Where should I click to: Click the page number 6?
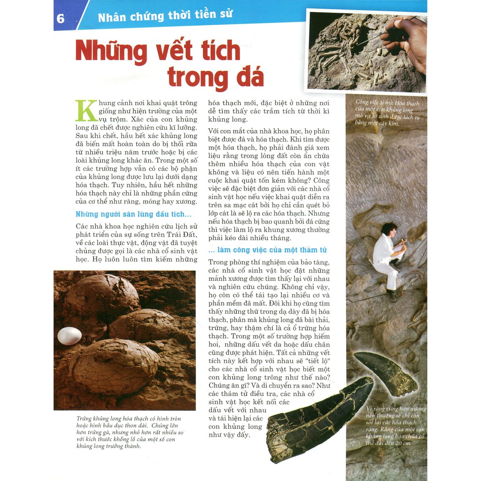[x=61, y=19]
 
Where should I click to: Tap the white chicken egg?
[x=70, y=336]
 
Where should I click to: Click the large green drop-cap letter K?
[x=86, y=111]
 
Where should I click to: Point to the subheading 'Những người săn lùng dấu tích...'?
[x=133, y=214]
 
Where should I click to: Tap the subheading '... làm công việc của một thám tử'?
[x=268, y=250]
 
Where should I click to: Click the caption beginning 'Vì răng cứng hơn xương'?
[x=396, y=426]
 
